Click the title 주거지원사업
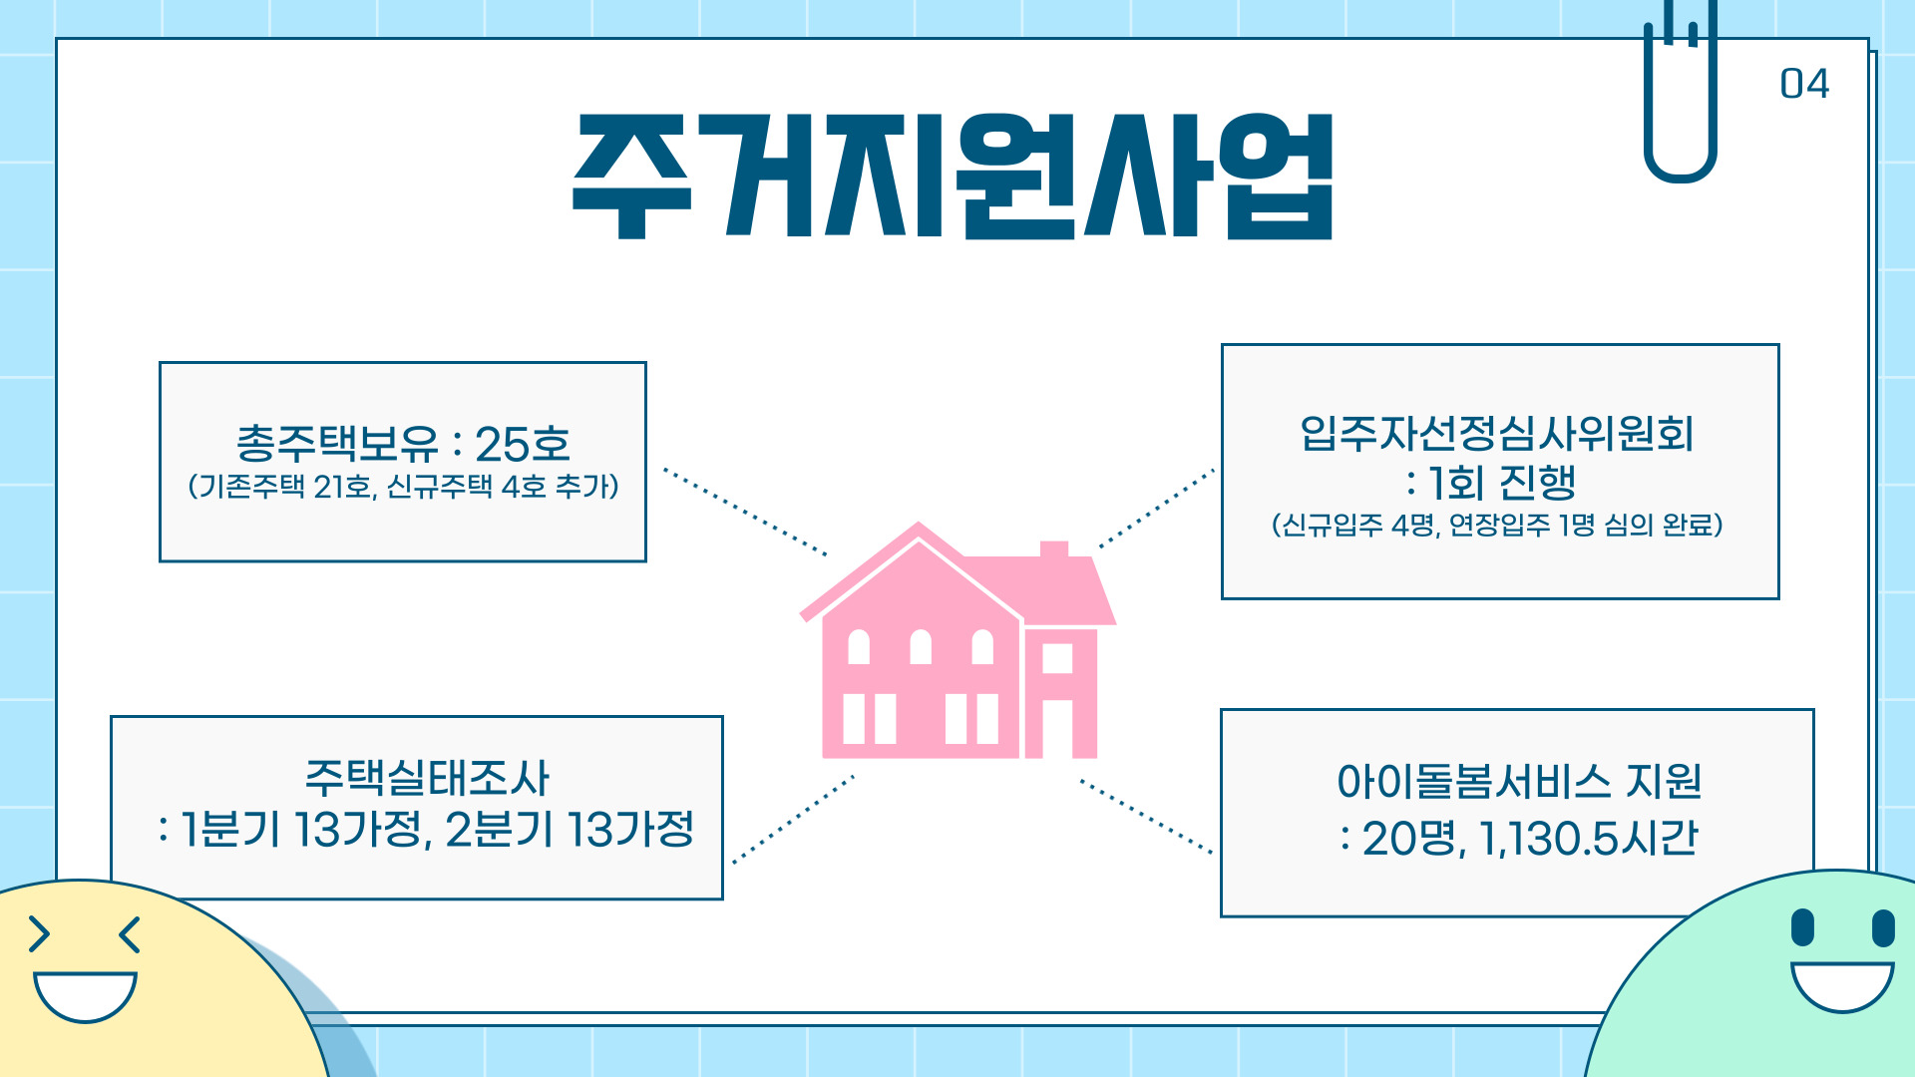(953, 176)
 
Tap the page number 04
(1804, 84)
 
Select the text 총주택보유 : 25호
(403, 444)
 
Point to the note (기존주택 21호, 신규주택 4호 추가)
(403, 487)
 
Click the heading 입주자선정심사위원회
(1497, 433)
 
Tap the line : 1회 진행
(1490, 483)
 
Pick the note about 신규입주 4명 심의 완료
(1497, 525)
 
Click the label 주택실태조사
(427, 778)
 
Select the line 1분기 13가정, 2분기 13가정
(426, 829)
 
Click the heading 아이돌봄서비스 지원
(1519, 781)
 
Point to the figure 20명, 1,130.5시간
(1519, 838)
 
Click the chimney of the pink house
(1054, 549)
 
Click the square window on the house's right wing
(1057, 658)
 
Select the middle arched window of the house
(921, 647)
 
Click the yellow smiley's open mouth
(85, 996)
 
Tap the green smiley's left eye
(1802, 927)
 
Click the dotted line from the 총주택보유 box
(745, 512)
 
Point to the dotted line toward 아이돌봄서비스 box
(1146, 817)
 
